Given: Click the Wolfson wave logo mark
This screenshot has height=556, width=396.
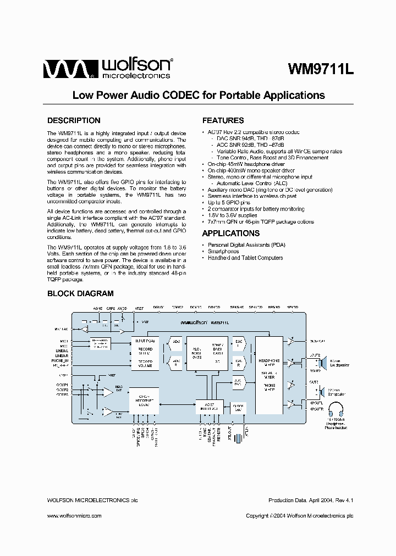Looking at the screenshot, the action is click(x=64, y=69).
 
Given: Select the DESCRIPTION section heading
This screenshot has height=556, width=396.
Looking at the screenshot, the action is click(x=74, y=120).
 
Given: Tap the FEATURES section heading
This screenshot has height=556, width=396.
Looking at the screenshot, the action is click(x=223, y=120).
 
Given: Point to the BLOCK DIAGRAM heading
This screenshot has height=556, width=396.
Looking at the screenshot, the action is click(x=80, y=293).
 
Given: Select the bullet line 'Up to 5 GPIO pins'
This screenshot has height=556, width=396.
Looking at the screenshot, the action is click(x=229, y=203).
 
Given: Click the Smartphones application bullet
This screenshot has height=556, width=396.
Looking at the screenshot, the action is click(x=224, y=251).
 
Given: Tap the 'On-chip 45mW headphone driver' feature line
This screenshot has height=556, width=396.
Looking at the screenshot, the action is click(x=246, y=164).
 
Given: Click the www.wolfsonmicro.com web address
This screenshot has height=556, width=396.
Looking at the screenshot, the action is click(x=74, y=516).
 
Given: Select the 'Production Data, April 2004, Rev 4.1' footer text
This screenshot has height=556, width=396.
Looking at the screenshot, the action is click(x=310, y=501).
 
